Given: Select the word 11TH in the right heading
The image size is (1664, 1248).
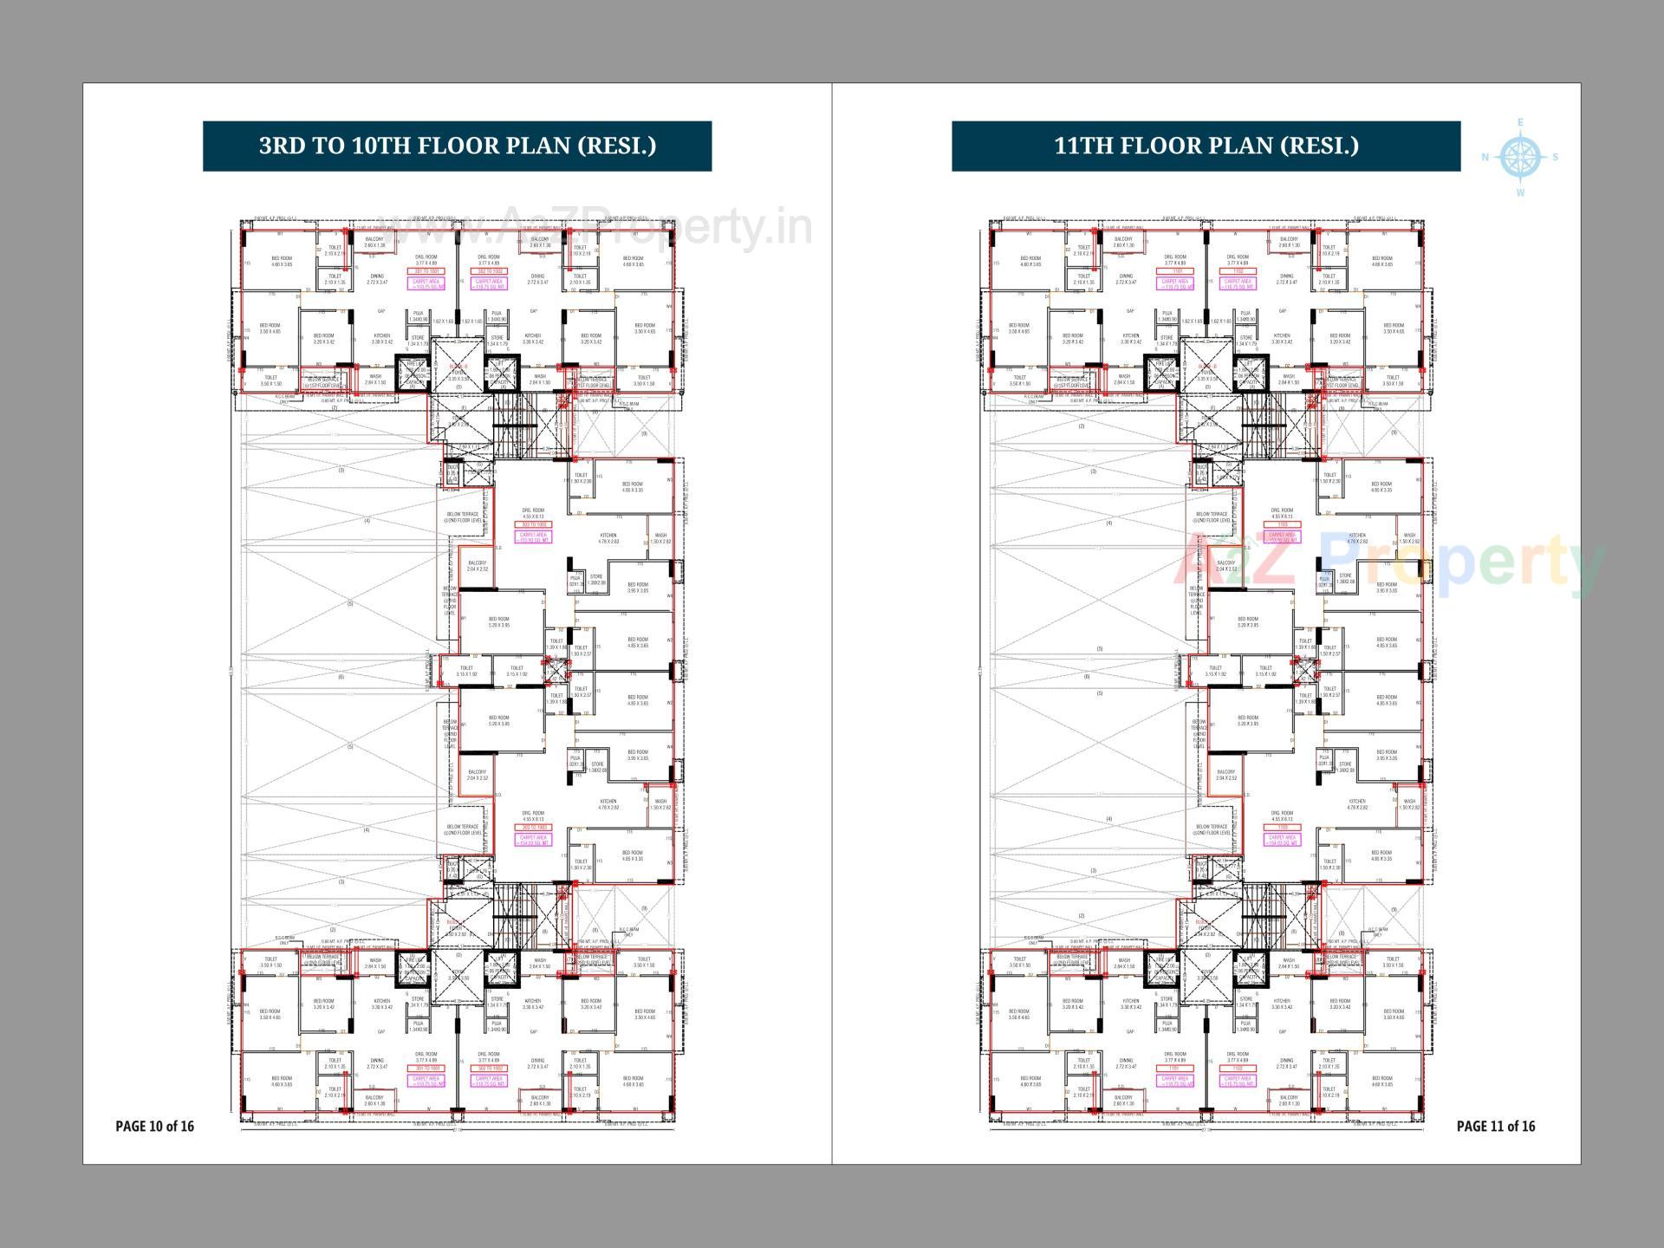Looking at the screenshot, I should (1083, 146).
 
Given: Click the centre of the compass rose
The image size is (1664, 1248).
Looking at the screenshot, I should (1518, 157).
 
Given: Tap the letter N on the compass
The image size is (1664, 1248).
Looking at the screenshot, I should (1485, 158).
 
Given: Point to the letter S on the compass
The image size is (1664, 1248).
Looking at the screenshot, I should (1556, 158).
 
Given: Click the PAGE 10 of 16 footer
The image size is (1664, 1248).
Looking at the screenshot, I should (155, 1126).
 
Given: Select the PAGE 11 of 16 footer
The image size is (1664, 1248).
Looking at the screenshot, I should (1496, 1126).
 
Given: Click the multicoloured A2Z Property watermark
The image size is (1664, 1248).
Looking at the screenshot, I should (1387, 563).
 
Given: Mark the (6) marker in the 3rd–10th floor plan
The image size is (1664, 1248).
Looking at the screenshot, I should (341, 677).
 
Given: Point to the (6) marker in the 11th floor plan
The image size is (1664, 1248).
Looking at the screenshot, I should (1087, 677).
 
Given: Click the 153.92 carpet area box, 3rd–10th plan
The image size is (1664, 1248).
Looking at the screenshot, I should (533, 538).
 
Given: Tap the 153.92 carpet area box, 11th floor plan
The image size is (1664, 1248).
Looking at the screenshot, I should (1282, 538).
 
